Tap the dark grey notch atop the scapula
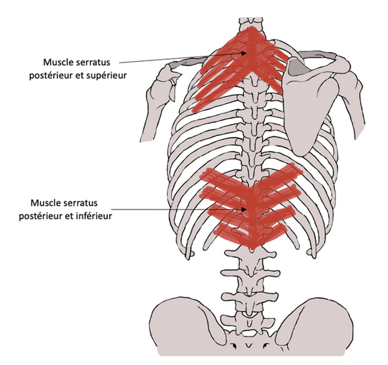point(299,68)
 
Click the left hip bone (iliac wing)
point(183,324)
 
